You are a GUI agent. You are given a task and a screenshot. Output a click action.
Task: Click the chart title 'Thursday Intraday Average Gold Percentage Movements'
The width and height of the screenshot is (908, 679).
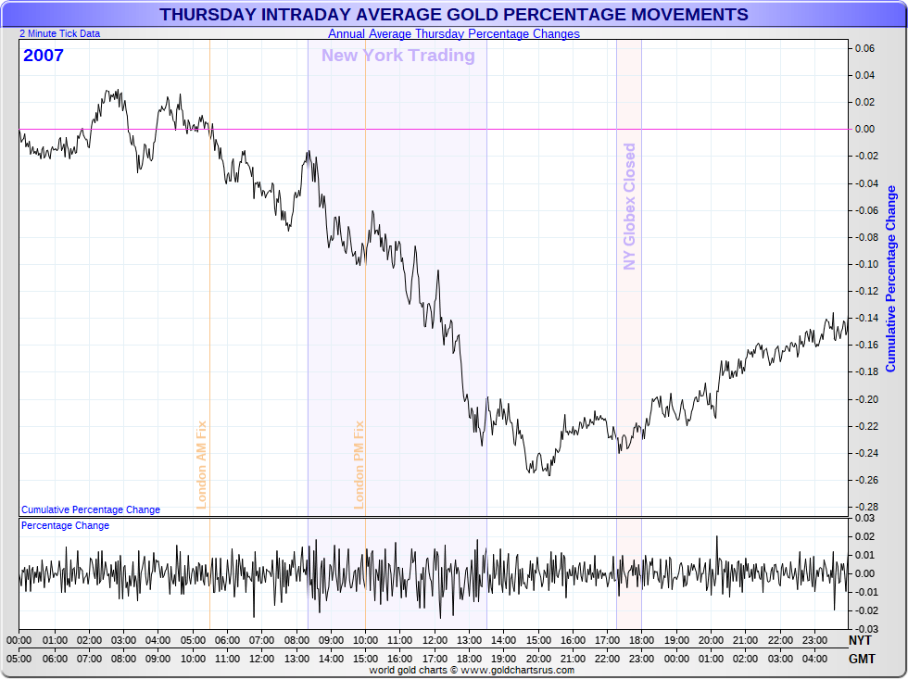[454, 15]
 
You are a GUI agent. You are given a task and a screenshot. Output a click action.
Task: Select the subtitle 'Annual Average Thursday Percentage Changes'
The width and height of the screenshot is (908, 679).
[454, 34]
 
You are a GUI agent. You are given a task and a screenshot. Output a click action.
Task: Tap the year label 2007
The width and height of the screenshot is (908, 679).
[44, 56]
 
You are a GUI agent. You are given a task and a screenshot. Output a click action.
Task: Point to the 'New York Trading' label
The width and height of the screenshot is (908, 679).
[397, 56]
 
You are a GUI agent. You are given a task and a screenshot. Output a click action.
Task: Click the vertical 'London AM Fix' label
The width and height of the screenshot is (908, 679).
[201, 464]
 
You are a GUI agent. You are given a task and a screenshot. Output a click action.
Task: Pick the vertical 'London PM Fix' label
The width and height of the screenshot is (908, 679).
[359, 464]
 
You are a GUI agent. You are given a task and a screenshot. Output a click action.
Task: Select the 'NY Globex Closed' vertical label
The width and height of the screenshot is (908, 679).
[630, 207]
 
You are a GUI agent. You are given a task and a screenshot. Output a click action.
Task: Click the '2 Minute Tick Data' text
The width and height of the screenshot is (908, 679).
[60, 33]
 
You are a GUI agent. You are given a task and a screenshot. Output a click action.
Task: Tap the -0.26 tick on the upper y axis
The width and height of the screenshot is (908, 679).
[864, 480]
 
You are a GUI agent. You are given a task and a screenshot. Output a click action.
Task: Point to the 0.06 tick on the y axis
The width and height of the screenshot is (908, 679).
[864, 48]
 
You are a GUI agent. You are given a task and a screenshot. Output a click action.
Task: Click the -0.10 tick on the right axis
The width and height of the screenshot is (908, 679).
[864, 264]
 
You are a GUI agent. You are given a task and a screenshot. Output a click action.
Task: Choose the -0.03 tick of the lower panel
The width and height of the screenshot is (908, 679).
[864, 629]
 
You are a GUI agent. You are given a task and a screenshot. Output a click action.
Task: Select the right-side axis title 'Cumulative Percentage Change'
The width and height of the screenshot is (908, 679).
[891, 278]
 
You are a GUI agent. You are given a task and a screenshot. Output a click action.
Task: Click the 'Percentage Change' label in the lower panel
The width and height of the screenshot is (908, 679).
[65, 526]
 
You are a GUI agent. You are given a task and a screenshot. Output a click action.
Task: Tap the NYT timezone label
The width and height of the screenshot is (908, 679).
[861, 640]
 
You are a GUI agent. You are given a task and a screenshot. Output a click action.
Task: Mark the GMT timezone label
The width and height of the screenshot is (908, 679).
[861, 659]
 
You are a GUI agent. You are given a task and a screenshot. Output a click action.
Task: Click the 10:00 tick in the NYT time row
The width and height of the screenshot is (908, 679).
[365, 640]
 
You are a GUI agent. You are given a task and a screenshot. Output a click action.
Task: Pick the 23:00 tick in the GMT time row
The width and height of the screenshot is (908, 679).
[641, 659]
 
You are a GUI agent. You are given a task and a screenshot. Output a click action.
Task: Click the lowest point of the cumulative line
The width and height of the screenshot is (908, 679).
[549, 476]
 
